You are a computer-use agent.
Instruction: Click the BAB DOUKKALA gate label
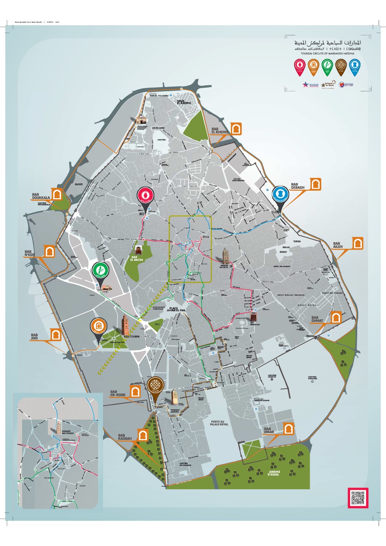(x=41, y=196)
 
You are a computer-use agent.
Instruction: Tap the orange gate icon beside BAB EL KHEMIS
(x=236, y=129)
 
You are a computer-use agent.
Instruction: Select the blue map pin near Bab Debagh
(x=280, y=194)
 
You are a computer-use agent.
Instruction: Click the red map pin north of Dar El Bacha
(x=145, y=196)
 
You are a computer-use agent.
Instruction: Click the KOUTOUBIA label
(x=131, y=336)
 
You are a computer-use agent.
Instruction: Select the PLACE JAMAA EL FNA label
(x=175, y=309)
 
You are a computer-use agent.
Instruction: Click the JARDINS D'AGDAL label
(x=273, y=473)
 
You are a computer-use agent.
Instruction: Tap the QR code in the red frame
(x=358, y=498)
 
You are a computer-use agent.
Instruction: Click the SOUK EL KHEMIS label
(x=184, y=102)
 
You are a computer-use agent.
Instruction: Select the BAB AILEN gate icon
(x=357, y=243)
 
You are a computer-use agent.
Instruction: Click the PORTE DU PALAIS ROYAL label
(x=219, y=423)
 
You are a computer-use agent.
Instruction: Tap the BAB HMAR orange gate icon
(x=289, y=428)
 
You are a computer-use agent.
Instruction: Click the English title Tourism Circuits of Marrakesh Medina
(x=327, y=54)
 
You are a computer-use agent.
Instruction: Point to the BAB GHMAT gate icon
(x=336, y=317)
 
